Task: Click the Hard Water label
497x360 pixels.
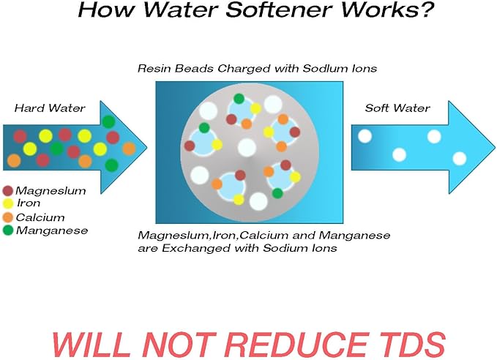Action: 50,108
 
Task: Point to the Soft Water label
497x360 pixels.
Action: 397,108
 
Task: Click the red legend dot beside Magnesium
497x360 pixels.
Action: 7,191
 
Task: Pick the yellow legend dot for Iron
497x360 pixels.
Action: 7,203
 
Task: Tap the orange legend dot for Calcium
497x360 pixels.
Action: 7,217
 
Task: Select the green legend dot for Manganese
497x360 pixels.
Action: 7,230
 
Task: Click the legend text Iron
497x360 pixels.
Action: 29,203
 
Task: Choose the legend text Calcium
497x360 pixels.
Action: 40,217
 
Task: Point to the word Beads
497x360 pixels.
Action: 194,69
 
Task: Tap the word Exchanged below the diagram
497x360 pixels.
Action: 196,248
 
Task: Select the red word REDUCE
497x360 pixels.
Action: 297,345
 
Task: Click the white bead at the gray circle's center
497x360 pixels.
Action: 247,148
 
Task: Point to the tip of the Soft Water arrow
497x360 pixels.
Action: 495,147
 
